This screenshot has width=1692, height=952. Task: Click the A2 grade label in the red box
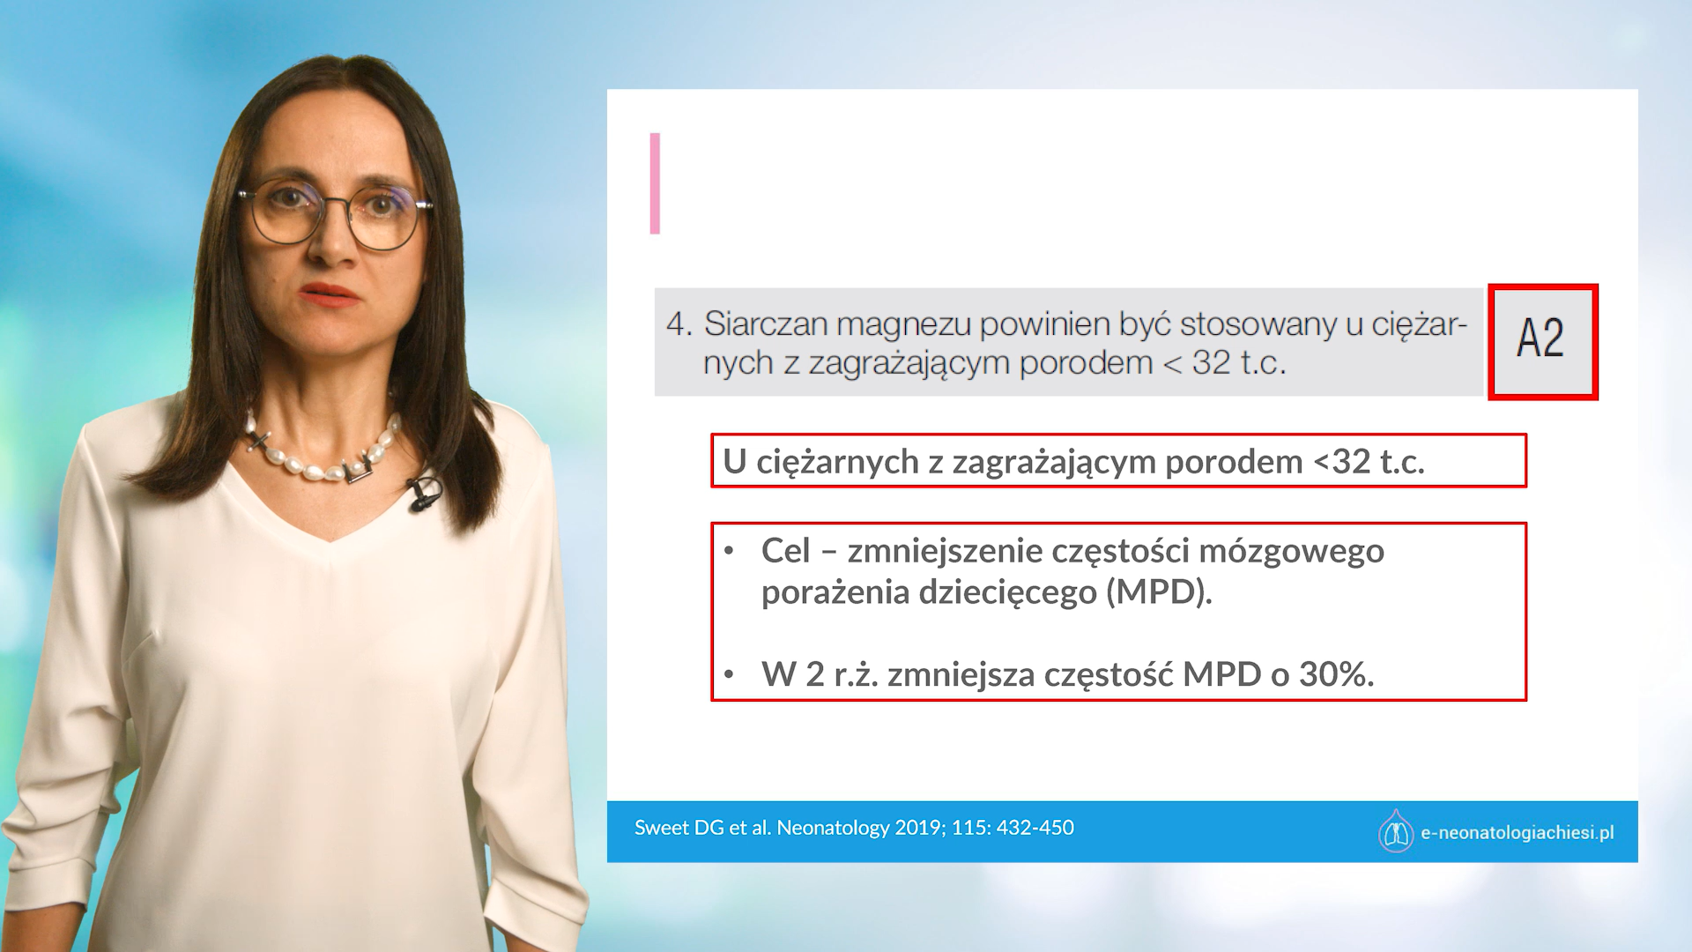tap(1540, 338)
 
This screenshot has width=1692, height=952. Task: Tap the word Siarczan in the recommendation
tap(765, 324)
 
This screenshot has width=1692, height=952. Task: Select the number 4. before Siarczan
tap(679, 324)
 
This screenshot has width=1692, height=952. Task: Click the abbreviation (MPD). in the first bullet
tap(1160, 592)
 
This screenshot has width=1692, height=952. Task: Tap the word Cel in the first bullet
tap(785, 551)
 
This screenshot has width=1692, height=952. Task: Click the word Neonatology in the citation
tap(833, 828)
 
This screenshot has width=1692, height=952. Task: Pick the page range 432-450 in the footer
tap(1035, 828)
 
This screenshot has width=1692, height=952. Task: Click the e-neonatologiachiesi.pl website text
tap(1517, 833)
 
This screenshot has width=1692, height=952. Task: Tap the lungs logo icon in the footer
tap(1396, 831)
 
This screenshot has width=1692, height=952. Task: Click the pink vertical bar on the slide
tap(655, 183)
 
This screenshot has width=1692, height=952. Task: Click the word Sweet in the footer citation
tap(662, 828)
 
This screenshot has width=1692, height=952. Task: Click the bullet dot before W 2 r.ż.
tap(729, 675)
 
